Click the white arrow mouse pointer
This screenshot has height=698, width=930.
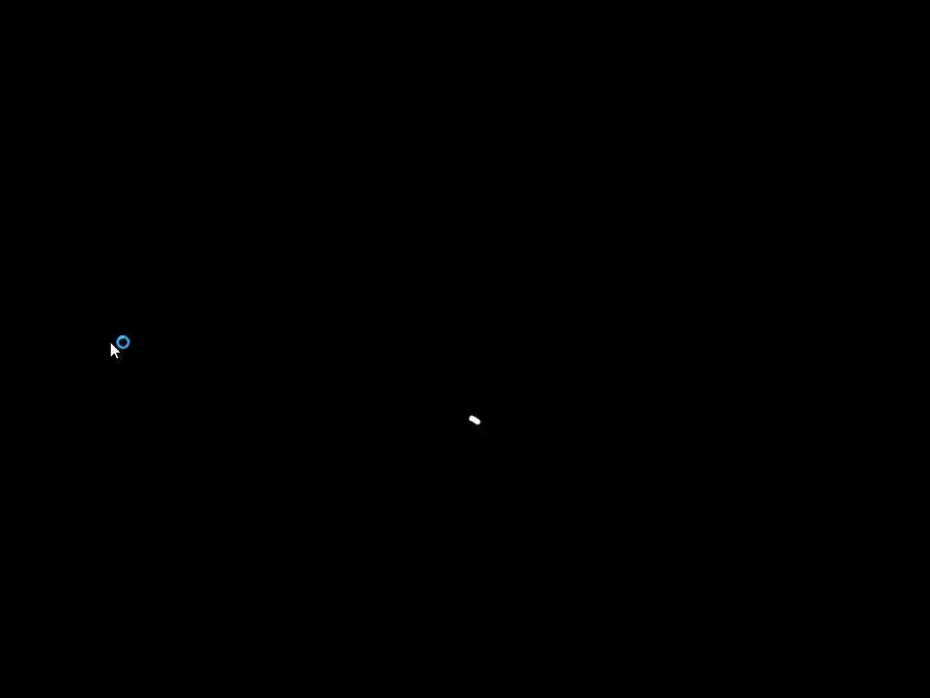click(x=114, y=350)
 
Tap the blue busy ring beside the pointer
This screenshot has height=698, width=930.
click(x=123, y=343)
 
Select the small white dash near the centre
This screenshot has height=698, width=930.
click(x=474, y=420)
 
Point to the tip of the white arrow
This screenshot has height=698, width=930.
click(x=111, y=343)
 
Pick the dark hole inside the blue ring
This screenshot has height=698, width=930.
click(x=123, y=343)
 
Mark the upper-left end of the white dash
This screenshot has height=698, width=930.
click(x=470, y=418)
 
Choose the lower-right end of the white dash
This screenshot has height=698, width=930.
click(x=479, y=423)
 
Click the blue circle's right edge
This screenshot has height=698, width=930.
click(x=129, y=343)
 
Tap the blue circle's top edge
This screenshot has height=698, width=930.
click(x=123, y=336)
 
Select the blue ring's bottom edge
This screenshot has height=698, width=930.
click(x=123, y=349)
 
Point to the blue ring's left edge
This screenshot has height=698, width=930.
click(x=116, y=343)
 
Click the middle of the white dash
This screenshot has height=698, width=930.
click(x=474, y=420)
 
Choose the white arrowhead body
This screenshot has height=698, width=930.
click(x=114, y=349)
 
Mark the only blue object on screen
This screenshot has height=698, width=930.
click(x=123, y=343)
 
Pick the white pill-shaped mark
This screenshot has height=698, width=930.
click(x=474, y=420)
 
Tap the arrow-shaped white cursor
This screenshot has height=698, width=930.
click(x=114, y=350)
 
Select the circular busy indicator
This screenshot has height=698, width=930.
click(x=123, y=343)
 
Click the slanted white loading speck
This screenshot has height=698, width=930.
click(x=474, y=420)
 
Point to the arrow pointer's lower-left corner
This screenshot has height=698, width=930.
click(x=112, y=355)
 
